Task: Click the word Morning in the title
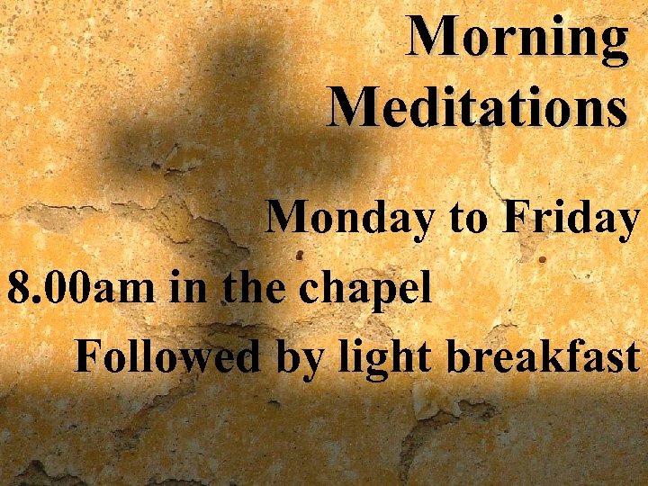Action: [518, 40]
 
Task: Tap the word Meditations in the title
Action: [478, 107]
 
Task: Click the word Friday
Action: [573, 218]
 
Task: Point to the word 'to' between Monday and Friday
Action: [467, 220]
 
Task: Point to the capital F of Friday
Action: [519, 217]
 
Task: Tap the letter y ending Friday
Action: [627, 223]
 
